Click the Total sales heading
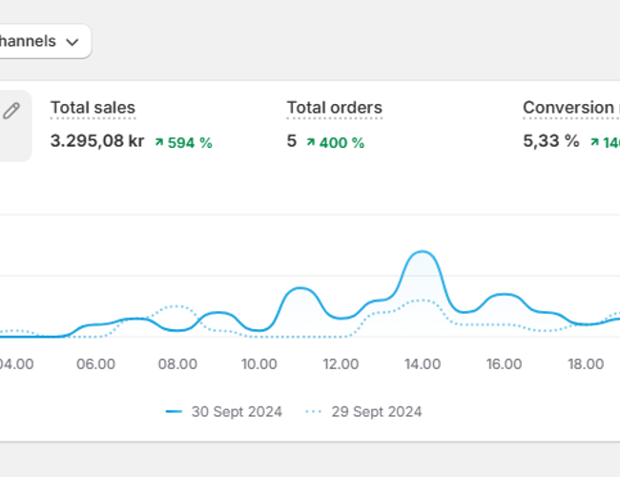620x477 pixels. [93, 108]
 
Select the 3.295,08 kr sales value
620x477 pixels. [97, 141]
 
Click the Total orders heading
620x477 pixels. [334, 108]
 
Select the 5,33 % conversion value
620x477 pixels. [550, 141]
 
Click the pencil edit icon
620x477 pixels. [11, 111]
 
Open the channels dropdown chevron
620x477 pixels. [72, 42]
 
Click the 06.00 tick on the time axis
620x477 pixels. [96, 363]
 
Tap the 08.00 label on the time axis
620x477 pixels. [177, 363]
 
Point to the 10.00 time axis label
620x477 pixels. [259, 363]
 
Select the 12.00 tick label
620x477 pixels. [341, 363]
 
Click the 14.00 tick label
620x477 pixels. [422, 363]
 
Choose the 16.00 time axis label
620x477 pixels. [504, 363]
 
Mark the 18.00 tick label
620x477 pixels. [585, 363]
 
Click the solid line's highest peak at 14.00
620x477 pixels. [422, 252]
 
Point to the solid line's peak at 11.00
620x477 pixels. [300, 287]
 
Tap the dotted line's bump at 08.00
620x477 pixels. [176, 306]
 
